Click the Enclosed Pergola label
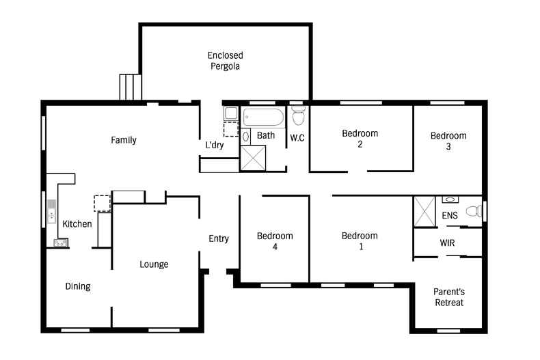[226, 61]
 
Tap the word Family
[124, 140]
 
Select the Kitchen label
[77, 223]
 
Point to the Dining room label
[78, 286]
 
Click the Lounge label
[154, 264]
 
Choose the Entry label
[219, 238]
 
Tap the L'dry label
[215, 145]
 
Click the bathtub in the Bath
[263, 117]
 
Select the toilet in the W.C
[299, 115]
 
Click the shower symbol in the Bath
[253, 158]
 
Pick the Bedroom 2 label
[360, 139]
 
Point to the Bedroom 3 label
[448, 141]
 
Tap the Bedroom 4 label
[275, 241]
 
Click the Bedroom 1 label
[360, 241]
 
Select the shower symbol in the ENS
[424, 212]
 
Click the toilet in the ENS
[474, 210]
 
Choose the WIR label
[447, 243]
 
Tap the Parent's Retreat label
[449, 297]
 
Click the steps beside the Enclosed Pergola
[131, 87]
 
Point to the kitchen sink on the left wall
[52, 211]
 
